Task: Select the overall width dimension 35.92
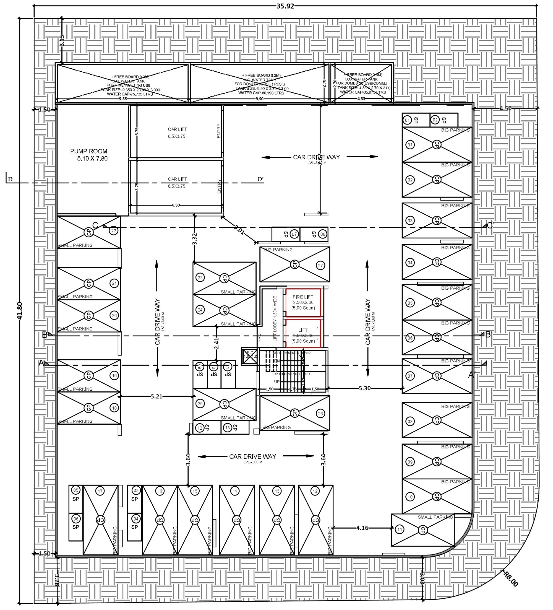[x=285, y=6]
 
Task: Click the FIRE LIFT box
[x=303, y=303]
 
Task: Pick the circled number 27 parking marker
[x=320, y=265]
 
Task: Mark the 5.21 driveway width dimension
[x=156, y=396]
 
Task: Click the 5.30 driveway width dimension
[x=364, y=388]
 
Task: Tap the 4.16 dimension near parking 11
[x=362, y=528]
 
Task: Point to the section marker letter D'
[x=261, y=180]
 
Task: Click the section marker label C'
[x=491, y=225]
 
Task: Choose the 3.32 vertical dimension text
[x=195, y=238]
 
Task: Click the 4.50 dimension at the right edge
[x=505, y=108]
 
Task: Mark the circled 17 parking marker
[x=100, y=491]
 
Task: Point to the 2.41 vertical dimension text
[x=216, y=343]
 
